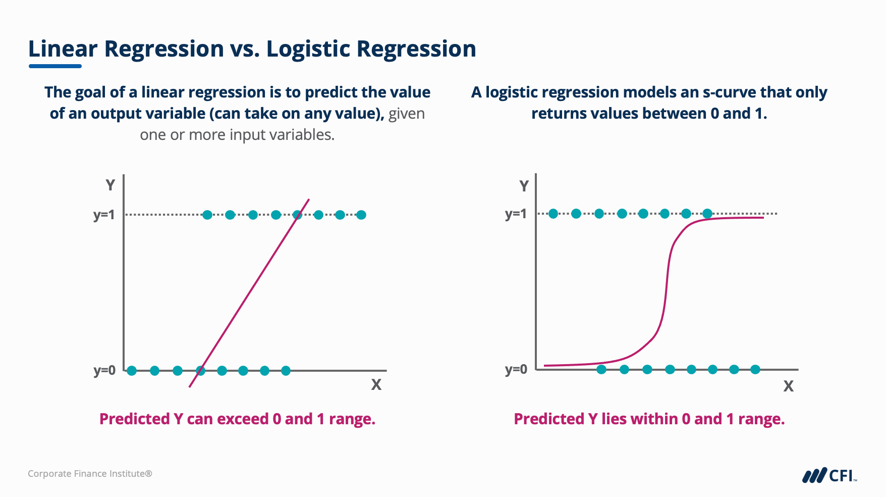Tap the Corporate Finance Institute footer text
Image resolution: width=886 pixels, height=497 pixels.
click(90, 474)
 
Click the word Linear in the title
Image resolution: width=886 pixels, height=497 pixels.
click(63, 49)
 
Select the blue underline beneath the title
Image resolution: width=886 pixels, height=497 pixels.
click(55, 66)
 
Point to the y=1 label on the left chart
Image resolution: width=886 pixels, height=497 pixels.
click(104, 215)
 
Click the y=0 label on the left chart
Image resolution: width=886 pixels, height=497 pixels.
click(104, 371)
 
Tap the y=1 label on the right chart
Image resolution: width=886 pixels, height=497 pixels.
click(516, 214)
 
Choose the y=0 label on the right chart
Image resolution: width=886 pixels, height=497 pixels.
click(516, 370)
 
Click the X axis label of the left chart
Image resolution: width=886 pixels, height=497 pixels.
click(376, 385)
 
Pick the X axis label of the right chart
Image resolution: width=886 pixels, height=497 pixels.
click(788, 386)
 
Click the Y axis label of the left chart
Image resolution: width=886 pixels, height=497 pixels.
click(110, 185)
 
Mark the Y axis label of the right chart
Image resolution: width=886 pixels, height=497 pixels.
click(524, 186)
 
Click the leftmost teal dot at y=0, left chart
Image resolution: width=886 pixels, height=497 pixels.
click(132, 371)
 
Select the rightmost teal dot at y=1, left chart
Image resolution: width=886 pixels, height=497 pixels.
click(361, 215)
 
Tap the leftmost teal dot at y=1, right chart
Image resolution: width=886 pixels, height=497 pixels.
click(553, 214)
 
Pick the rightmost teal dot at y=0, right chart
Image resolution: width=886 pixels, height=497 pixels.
click(755, 370)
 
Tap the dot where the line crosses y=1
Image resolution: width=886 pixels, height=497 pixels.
click(298, 215)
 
